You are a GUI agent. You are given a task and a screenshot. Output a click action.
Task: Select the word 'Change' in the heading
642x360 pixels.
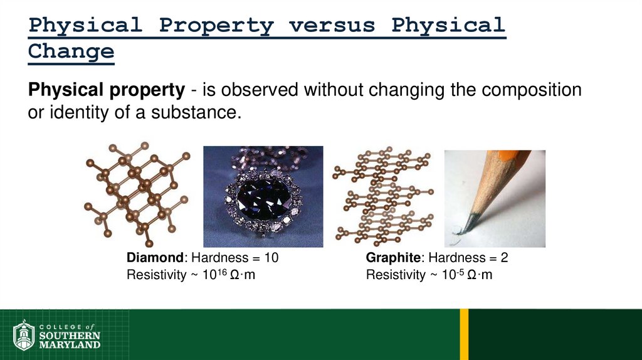(x=71, y=51)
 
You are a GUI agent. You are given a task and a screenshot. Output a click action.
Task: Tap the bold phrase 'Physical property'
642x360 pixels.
(x=106, y=90)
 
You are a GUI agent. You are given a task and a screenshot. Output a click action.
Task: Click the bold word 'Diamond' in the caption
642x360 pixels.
(x=156, y=258)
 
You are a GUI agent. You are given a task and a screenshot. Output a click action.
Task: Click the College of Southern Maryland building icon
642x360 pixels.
(x=23, y=336)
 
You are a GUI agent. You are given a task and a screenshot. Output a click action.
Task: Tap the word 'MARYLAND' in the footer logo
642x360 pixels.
(x=70, y=344)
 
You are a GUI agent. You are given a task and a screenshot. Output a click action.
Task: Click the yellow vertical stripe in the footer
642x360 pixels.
(x=464, y=334)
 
